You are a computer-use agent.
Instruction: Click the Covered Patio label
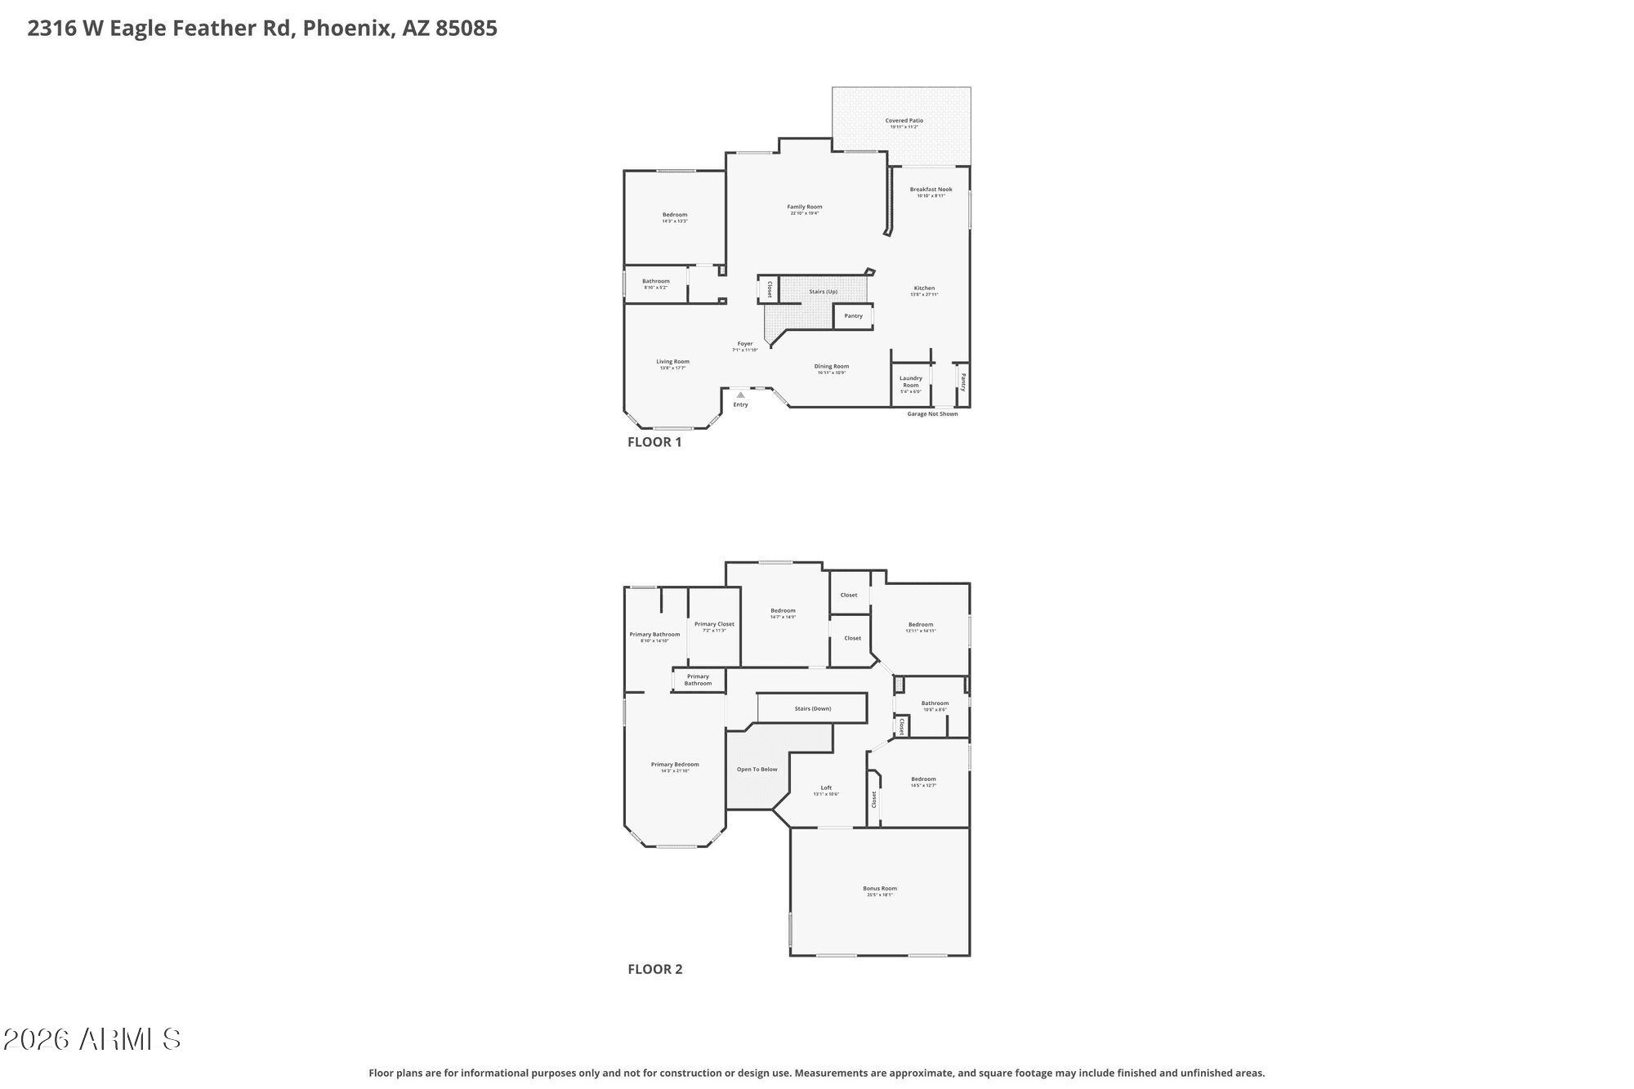pos(904,121)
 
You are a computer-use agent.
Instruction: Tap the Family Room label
pos(805,208)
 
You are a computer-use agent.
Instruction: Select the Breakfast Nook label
pos(931,190)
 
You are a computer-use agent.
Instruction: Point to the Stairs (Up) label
pos(823,292)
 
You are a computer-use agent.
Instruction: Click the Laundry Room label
pos(911,382)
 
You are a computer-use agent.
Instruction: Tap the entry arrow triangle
pos(740,395)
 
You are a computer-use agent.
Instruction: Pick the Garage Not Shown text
pos(932,414)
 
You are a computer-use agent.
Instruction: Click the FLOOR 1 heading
pos(654,442)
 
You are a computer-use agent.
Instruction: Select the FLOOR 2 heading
pos(654,969)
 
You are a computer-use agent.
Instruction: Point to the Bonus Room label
pos(880,889)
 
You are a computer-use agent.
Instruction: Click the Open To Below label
pos(757,770)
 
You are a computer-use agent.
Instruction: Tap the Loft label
pos(826,788)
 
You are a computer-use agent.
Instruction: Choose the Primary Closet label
pos(714,624)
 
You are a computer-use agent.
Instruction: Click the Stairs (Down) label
pos(813,708)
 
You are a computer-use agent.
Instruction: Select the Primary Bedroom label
pos(675,765)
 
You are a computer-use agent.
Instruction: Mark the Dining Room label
pos(831,367)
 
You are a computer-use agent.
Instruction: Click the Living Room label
pos(672,362)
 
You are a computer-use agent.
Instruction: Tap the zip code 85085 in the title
pos(466,29)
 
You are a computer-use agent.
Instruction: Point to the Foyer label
pos(745,344)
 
